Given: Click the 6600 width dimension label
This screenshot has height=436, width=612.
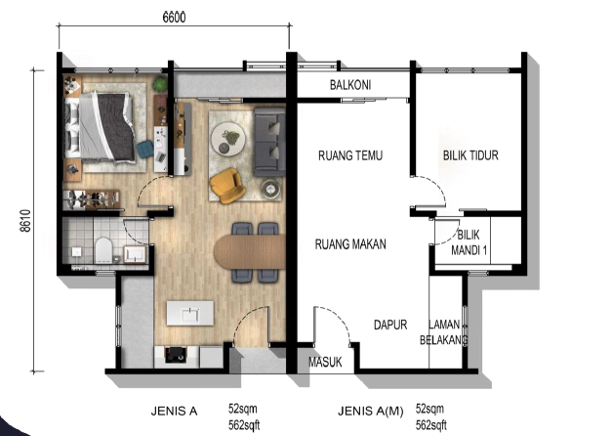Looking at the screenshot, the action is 174,18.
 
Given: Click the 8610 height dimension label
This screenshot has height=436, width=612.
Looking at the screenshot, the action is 25,221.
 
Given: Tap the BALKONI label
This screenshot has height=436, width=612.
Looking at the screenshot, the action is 350,85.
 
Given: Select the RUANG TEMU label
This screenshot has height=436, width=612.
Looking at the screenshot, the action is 350,155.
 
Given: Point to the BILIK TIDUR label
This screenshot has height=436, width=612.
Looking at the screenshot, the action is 470,155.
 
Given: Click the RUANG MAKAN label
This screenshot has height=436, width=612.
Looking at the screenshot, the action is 350,244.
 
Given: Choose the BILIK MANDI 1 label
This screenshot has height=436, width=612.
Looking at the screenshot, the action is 469,242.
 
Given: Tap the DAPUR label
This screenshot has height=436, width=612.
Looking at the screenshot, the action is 390,325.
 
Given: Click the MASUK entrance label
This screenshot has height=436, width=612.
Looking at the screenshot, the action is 325,362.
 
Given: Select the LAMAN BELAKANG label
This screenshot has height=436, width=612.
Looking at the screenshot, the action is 444,332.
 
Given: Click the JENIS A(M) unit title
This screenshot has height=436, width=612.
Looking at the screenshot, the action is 370,411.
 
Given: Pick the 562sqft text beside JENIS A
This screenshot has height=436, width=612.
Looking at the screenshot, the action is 244,425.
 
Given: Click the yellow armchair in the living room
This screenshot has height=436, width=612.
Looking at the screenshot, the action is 227,186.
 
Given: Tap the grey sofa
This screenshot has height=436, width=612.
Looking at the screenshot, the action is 269,142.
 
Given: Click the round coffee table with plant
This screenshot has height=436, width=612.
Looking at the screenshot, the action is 228,139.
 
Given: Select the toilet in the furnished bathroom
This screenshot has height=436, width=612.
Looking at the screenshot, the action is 103,250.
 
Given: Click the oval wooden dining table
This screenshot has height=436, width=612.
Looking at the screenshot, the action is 250,252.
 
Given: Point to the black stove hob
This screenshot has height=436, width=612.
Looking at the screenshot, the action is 176,355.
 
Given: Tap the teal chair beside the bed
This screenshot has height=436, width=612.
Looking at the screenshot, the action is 144,150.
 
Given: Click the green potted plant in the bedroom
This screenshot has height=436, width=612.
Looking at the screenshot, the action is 160,83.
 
